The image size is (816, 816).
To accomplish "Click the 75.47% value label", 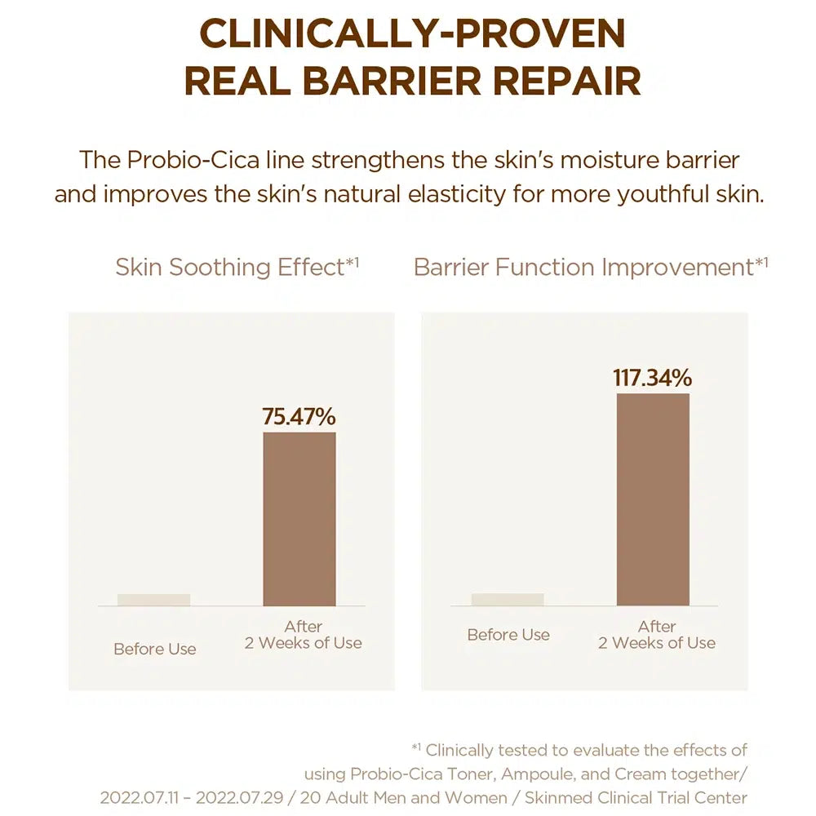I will [299, 416].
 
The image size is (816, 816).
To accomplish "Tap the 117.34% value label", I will [652, 378].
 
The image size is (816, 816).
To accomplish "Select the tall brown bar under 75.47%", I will [299, 519].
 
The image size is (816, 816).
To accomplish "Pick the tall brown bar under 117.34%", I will [653, 499].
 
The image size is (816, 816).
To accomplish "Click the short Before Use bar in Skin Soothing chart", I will [153, 600].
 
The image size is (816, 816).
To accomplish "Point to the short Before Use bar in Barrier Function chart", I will [508, 600].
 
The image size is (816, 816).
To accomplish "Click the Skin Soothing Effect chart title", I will [237, 267].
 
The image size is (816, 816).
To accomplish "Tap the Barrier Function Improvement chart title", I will [591, 267].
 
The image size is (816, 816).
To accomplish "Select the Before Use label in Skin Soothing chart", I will [155, 650].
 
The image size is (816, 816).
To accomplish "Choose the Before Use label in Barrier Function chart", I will [508, 635].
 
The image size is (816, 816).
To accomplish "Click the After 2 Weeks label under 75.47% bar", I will [304, 635].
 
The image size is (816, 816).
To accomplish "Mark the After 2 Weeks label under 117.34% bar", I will [657, 635].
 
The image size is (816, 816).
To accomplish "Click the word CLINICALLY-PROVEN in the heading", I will [412, 34].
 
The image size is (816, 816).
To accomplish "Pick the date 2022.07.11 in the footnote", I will [142, 797].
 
